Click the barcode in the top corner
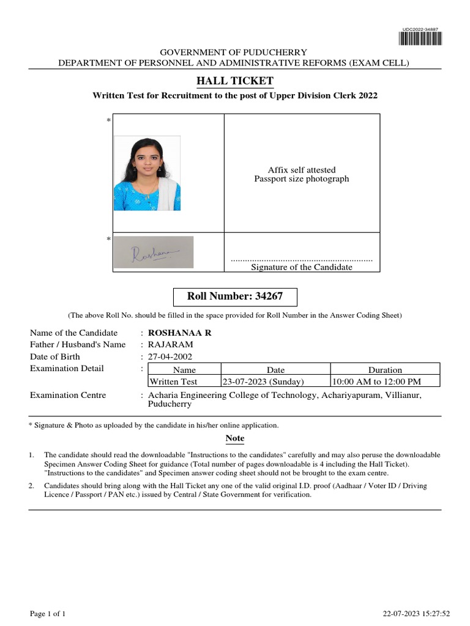tap(420, 39)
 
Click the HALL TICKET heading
tap(234, 81)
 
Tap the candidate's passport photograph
tap(147, 173)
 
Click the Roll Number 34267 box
tap(235, 297)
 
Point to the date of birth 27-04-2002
tap(170, 357)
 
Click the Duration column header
tap(384, 370)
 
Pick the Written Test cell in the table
tap(174, 381)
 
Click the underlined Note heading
tap(234, 438)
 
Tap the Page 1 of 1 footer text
tap(48, 613)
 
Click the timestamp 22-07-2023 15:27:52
tap(416, 613)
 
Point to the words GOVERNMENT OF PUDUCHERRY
tap(233, 53)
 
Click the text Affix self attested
tap(302, 170)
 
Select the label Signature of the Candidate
tap(302, 267)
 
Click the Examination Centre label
tap(68, 396)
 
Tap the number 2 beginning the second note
tap(31, 486)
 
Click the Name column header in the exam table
tap(184, 370)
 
